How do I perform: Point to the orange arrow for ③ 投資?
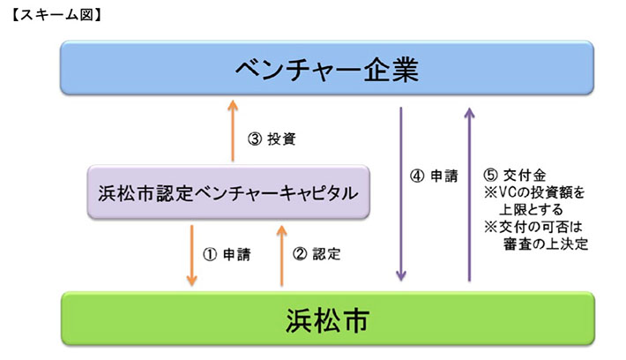click(x=233, y=130)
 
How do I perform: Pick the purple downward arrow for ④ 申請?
click(x=401, y=194)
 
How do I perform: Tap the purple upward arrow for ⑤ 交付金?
click(x=469, y=194)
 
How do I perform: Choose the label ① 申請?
click(x=227, y=254)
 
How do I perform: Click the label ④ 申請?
click(x=434, y=176)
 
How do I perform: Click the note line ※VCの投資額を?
click(x=529, y=191)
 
